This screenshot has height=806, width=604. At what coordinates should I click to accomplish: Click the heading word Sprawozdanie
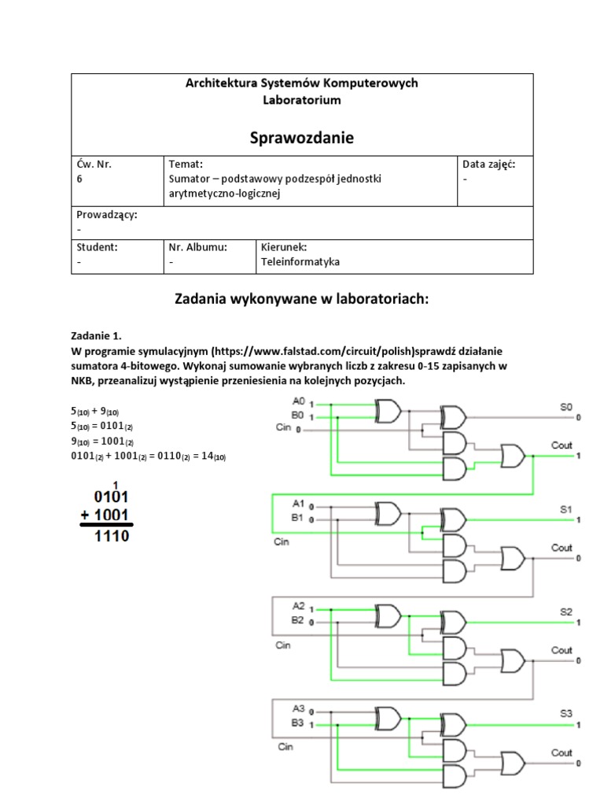(302, 138)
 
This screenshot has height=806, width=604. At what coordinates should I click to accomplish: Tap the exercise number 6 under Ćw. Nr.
(79, 179)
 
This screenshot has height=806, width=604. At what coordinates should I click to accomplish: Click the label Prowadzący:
(106, 214)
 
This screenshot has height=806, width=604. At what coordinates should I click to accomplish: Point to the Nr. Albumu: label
(197, 246)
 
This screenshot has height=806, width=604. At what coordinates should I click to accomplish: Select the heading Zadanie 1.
(97, 335)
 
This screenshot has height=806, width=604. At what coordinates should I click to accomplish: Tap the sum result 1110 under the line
(111, 537)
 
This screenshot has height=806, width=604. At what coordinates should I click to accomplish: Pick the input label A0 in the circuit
(297, 401)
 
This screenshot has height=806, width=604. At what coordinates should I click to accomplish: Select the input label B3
(297, 722)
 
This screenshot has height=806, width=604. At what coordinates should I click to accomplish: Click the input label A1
(297, 503)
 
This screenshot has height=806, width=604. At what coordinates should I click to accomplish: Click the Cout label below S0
(561, 446)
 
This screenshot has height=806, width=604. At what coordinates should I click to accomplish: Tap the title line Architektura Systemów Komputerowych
(302, 83)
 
